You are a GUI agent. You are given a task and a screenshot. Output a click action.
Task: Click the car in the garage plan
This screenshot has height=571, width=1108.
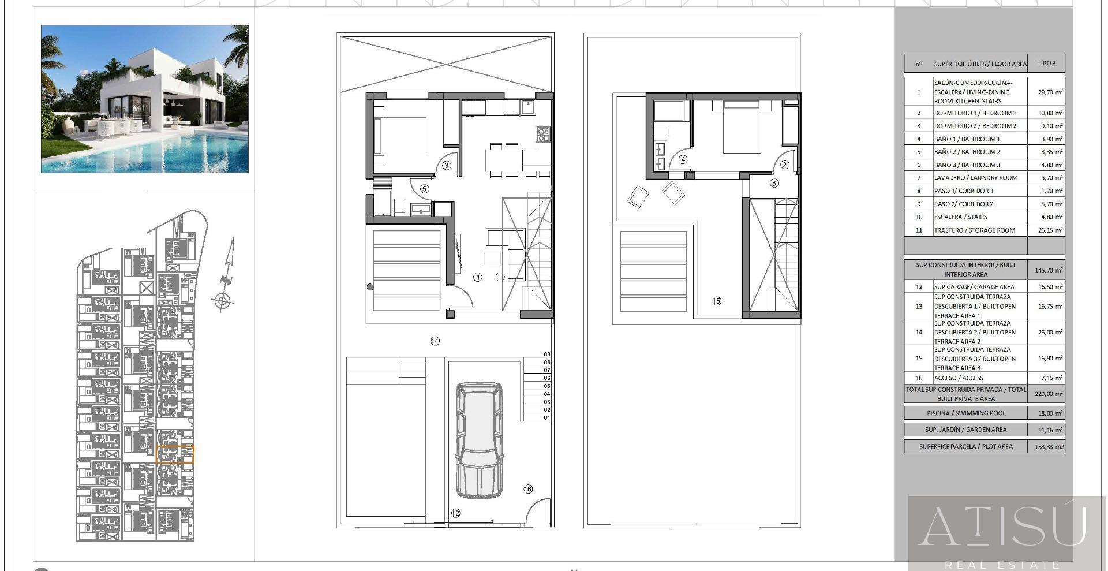[x=478, y=440]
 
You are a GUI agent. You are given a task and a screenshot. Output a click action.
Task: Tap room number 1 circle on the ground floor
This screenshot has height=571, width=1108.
[x=477, y=277]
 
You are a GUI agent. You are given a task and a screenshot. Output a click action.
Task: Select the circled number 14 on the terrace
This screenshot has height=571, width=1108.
[x=435, y=341]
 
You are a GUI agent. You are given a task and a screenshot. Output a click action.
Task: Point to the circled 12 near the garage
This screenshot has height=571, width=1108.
[x=455, y=513]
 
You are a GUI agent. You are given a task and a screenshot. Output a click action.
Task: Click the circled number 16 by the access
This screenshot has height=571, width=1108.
[x=527, y=489]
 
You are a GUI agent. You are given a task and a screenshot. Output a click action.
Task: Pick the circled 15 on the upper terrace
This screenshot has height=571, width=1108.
[x=716, y=301]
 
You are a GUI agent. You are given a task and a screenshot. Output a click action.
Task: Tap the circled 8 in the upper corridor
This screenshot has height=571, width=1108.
[x=774, y=183]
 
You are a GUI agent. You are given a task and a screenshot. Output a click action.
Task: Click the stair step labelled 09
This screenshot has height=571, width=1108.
[x=546, y=354]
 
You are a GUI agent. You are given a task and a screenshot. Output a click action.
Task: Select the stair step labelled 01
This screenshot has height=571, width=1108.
[x=546, y=417]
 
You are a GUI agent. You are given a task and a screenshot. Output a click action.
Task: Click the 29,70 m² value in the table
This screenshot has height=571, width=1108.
[x=1050, y=92]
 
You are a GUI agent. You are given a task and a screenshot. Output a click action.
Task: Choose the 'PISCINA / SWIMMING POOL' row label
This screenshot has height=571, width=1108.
[x=966, y=413]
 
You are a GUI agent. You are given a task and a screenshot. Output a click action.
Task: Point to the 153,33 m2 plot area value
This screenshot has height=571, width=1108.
[x=1050, y=446]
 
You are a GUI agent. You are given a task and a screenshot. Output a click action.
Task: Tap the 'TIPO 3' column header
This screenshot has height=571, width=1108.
[x=1046, y=63]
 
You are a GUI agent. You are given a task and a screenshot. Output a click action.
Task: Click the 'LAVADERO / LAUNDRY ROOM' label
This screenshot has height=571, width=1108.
[x=975, y=178]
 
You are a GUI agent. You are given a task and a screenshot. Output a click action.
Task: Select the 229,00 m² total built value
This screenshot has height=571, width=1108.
[x=1050, y=394]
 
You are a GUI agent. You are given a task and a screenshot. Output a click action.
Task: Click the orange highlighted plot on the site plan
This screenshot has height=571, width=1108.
[x=175, y=454]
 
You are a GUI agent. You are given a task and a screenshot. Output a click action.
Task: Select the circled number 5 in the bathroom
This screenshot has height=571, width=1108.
[x=424, y=189]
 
